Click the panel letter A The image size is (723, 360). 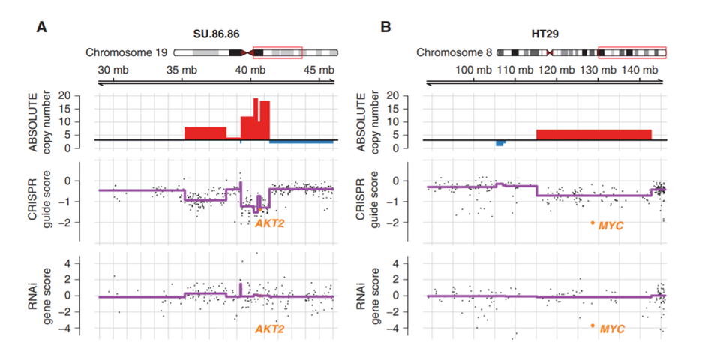[x=41, y=28]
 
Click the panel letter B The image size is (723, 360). [x=385, y=28]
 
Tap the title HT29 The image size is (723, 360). [x=547, y=34]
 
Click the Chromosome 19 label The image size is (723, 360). [x=127, y=53]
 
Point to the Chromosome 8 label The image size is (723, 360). [x=454, y=53]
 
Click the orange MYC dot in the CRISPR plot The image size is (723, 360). [x=592, y=223]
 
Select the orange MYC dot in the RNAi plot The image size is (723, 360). [x=592, y=325]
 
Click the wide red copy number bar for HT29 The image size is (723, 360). [x=594, y=134]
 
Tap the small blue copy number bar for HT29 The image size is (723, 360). [x=500, y=143]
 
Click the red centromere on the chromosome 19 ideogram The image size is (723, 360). [x=247, y=53]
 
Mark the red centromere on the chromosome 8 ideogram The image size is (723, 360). [x=549, y=53]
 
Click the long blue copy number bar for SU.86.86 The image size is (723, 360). [x=301, y=142]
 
